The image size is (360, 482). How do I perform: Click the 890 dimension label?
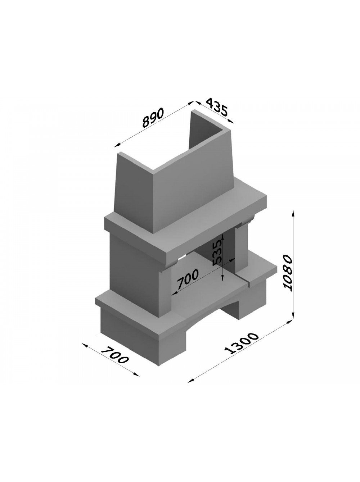tap(153, 118)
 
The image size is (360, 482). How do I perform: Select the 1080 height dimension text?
tap(288, 273)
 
